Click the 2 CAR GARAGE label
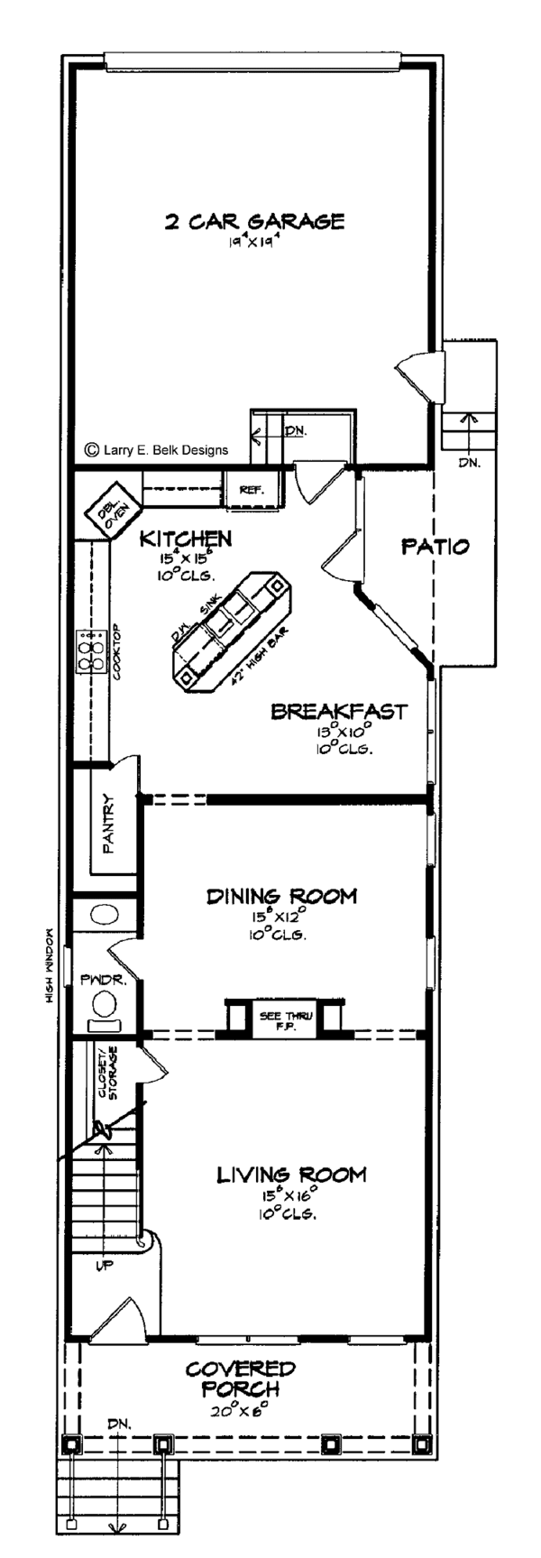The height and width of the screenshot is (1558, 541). [254, 221]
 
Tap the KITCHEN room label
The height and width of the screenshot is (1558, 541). [186, 539]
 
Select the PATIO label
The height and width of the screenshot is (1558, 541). [435, 546]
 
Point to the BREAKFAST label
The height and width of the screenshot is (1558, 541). [339, 712]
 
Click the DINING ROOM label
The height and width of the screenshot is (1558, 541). [269, 896]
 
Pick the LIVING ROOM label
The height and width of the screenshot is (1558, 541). [290, 1175]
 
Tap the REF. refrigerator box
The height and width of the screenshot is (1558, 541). [251, 490]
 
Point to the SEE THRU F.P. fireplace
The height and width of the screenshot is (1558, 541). [283, 1021]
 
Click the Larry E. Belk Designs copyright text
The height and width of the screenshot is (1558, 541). [156, 449]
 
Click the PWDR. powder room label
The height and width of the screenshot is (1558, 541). [96, 978]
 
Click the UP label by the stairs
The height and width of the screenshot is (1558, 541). [105, 1267]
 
